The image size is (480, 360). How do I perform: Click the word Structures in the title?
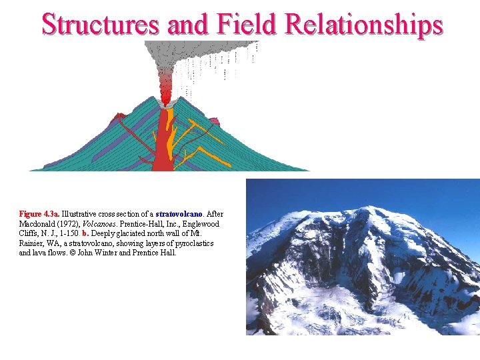pyautogui.click(x=100, y=24)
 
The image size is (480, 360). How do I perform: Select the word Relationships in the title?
pyautogui.click(x=364, y=24)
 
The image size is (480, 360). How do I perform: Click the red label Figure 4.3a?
pyautogui.click(x=39, y=214)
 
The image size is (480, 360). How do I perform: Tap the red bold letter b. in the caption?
pyautogui.click(x=85, y=233)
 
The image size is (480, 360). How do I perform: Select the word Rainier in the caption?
pyautogui.click(x=33, y=243)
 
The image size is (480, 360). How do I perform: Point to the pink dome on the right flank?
pyautogui.click(x=215, y=121)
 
